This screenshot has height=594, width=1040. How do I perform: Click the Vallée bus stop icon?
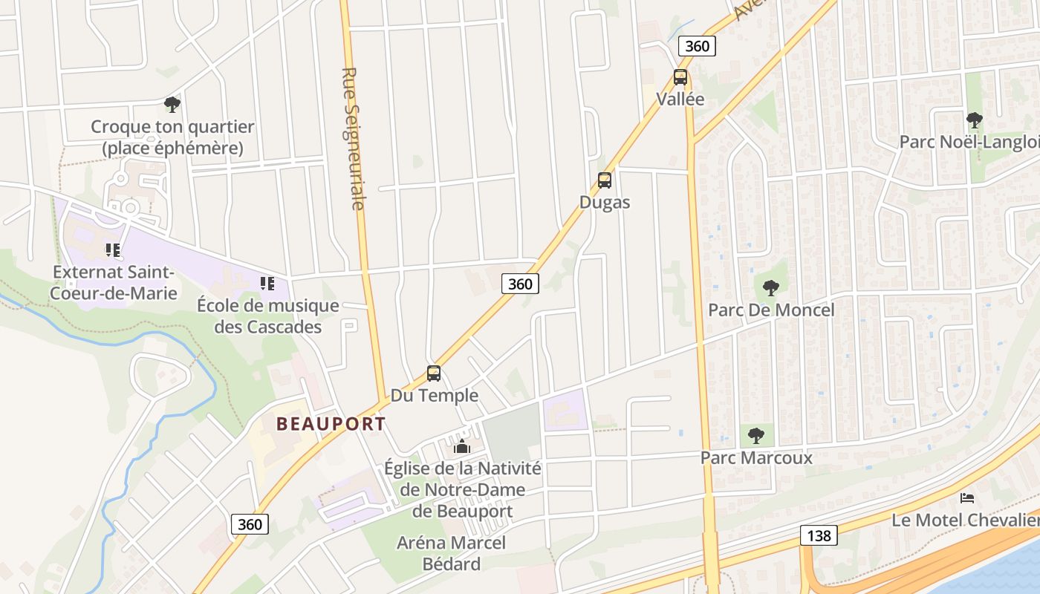pos(680,77)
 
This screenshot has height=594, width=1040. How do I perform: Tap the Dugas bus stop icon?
pos(605,180)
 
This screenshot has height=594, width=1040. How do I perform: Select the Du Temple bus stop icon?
pos(434,373)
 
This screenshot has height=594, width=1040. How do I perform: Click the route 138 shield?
pos(819,535)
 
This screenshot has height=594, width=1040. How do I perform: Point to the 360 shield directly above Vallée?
pos(697,46)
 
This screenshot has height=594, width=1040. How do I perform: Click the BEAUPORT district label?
pos(331,424)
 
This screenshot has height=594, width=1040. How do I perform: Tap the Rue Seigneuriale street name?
pos(354,139)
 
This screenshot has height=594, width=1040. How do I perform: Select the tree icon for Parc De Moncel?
pos(771,287)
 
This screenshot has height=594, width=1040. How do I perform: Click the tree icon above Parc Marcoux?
pos(756,435)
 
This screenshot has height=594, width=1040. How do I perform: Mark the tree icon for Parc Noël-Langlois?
pos(974,120)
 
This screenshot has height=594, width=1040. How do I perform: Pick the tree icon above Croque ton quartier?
pos(172,105)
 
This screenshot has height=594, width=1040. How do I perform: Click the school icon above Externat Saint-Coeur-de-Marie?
pos(113,250)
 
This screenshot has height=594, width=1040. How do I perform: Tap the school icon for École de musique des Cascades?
pos(267,283)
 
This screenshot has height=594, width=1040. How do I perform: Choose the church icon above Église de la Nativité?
pos(462,446)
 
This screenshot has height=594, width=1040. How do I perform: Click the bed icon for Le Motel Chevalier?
pos(966,497)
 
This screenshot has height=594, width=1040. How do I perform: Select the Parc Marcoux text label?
pos(756,457)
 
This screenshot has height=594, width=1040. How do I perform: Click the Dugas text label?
pos(605,202)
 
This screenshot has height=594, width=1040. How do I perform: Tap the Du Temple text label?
pos(435,395)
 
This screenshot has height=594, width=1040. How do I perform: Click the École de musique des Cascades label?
pos(267,316)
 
